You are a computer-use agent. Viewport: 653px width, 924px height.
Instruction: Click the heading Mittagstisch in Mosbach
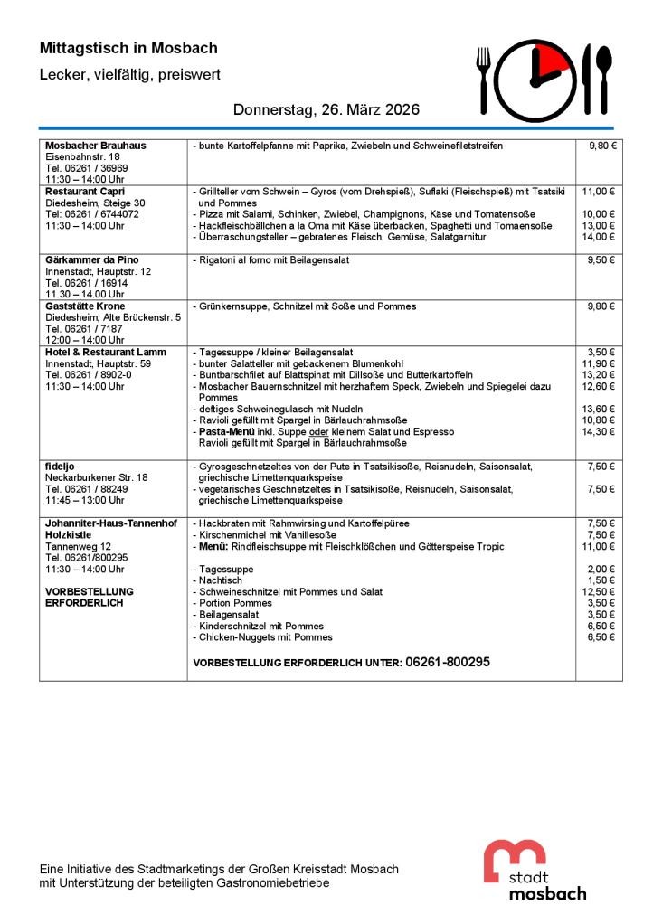(128, 48)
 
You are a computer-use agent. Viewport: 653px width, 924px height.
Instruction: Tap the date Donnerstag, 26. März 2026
(326, 110)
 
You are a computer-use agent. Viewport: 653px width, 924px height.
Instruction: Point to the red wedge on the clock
(549, 62)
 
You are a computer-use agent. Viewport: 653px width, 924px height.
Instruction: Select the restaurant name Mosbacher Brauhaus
(96, 145)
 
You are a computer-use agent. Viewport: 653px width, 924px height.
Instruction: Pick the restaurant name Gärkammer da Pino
(92, 260)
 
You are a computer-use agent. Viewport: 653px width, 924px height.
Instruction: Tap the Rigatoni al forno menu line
(271, 260)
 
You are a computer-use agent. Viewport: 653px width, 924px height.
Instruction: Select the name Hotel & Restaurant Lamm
(106, 352)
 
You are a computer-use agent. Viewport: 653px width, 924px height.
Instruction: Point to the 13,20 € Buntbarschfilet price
(598, 374)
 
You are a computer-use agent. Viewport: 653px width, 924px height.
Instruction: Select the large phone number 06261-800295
(448, 662)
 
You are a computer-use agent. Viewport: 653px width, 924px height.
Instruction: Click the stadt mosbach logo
(533, 870)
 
